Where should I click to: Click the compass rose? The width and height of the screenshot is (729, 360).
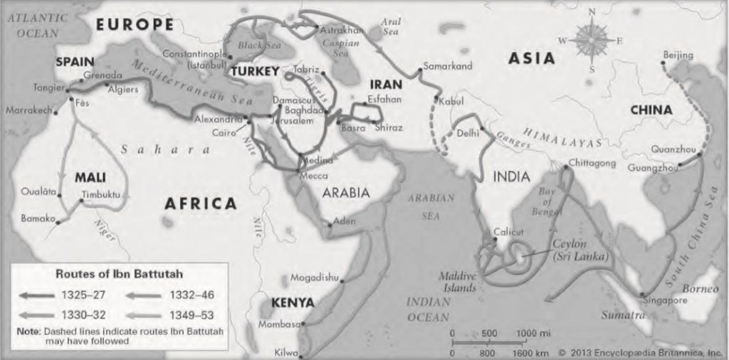pyautogui.click(x=590, y=40)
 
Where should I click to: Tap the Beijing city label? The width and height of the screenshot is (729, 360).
pyautogui.click(x=677, y=55)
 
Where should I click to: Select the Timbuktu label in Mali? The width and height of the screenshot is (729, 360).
pyautogui.click(x=100, y=194)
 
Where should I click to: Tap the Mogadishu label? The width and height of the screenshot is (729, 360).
pyautogui.click(x=315, y=277)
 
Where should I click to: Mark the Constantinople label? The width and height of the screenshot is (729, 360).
pyautogui.click(x=194, y=54)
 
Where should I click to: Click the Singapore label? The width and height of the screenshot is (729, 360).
pyautogui.click(x=666, y=300)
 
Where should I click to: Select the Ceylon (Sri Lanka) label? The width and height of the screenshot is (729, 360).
pyautogui.click(x=581, y=250)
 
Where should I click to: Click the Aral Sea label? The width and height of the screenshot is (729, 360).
pyautogui.click(x=391, y=27)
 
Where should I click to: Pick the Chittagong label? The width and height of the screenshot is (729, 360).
pyautogui.click(x=592, y=164)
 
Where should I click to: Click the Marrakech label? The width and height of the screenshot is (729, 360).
pyautogui.click(x=29, y=111)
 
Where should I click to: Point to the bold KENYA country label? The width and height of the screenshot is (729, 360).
pyautogui.click(x=292, y=302)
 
